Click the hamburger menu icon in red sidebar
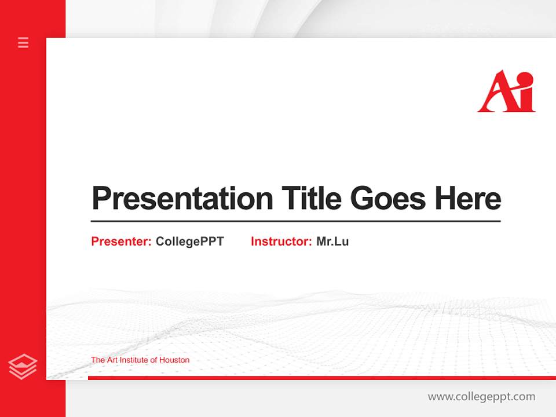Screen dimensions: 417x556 coord(23,42)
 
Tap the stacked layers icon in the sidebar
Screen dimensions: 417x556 coord(23,367)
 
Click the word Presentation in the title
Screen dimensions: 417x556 coord(182,199)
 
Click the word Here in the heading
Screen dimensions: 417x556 coord(468,198)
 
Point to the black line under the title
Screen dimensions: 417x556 coord(295,221)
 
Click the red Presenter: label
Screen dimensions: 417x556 coord(121,242)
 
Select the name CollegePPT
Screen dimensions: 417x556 coord(189,242)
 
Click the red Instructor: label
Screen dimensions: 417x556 coord(281,242)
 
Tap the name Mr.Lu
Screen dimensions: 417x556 coord(332,242)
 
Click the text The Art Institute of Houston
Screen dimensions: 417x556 coord(140,360)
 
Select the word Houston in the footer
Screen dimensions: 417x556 coord(174,360)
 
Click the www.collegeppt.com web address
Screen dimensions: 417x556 coord(481,397)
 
